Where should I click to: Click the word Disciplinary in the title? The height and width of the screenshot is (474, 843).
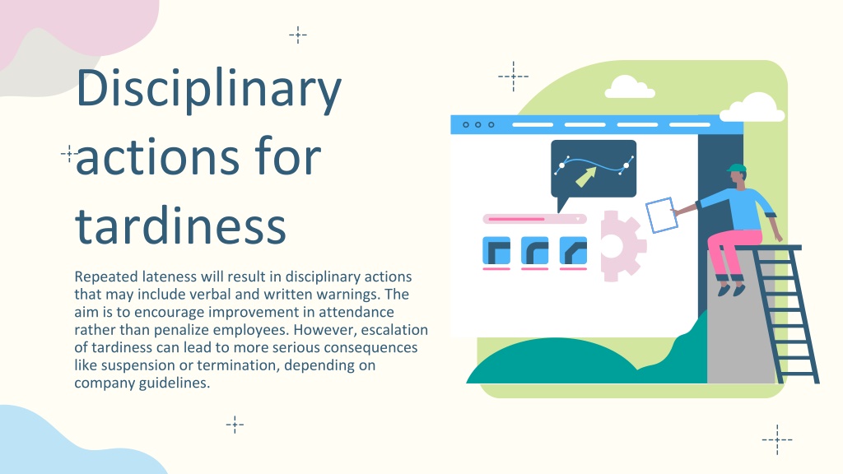point(208,89)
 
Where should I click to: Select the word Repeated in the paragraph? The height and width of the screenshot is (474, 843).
point(106,277)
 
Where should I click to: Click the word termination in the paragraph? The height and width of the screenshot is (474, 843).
point(238,365)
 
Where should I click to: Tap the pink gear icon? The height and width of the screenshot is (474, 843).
point(622,245)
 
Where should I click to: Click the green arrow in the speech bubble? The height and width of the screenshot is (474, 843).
point(586,176)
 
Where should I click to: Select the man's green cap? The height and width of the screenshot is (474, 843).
point(737,168)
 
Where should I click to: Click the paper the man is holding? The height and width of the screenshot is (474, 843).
point(661,215)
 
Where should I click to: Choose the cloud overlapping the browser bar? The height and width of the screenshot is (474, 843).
point(752,108)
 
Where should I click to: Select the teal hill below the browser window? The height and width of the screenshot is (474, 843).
point(586,355)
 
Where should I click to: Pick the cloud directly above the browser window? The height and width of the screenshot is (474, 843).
point(630,87)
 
